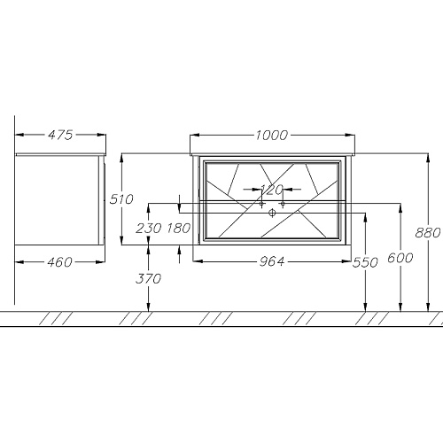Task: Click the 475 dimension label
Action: (x=60, y=135)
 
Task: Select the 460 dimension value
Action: (x=59, y=262)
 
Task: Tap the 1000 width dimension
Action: (x=271, y=136)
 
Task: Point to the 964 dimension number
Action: (x=272, y=261)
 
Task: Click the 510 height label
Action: (x=121, y=199)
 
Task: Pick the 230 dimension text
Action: (x=149, y=228)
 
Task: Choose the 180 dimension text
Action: (x=179, y=228)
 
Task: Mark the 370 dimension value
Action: (x=149, y=278)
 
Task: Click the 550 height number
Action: (x=365, y=262)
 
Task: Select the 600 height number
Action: (x=400, y=258)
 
